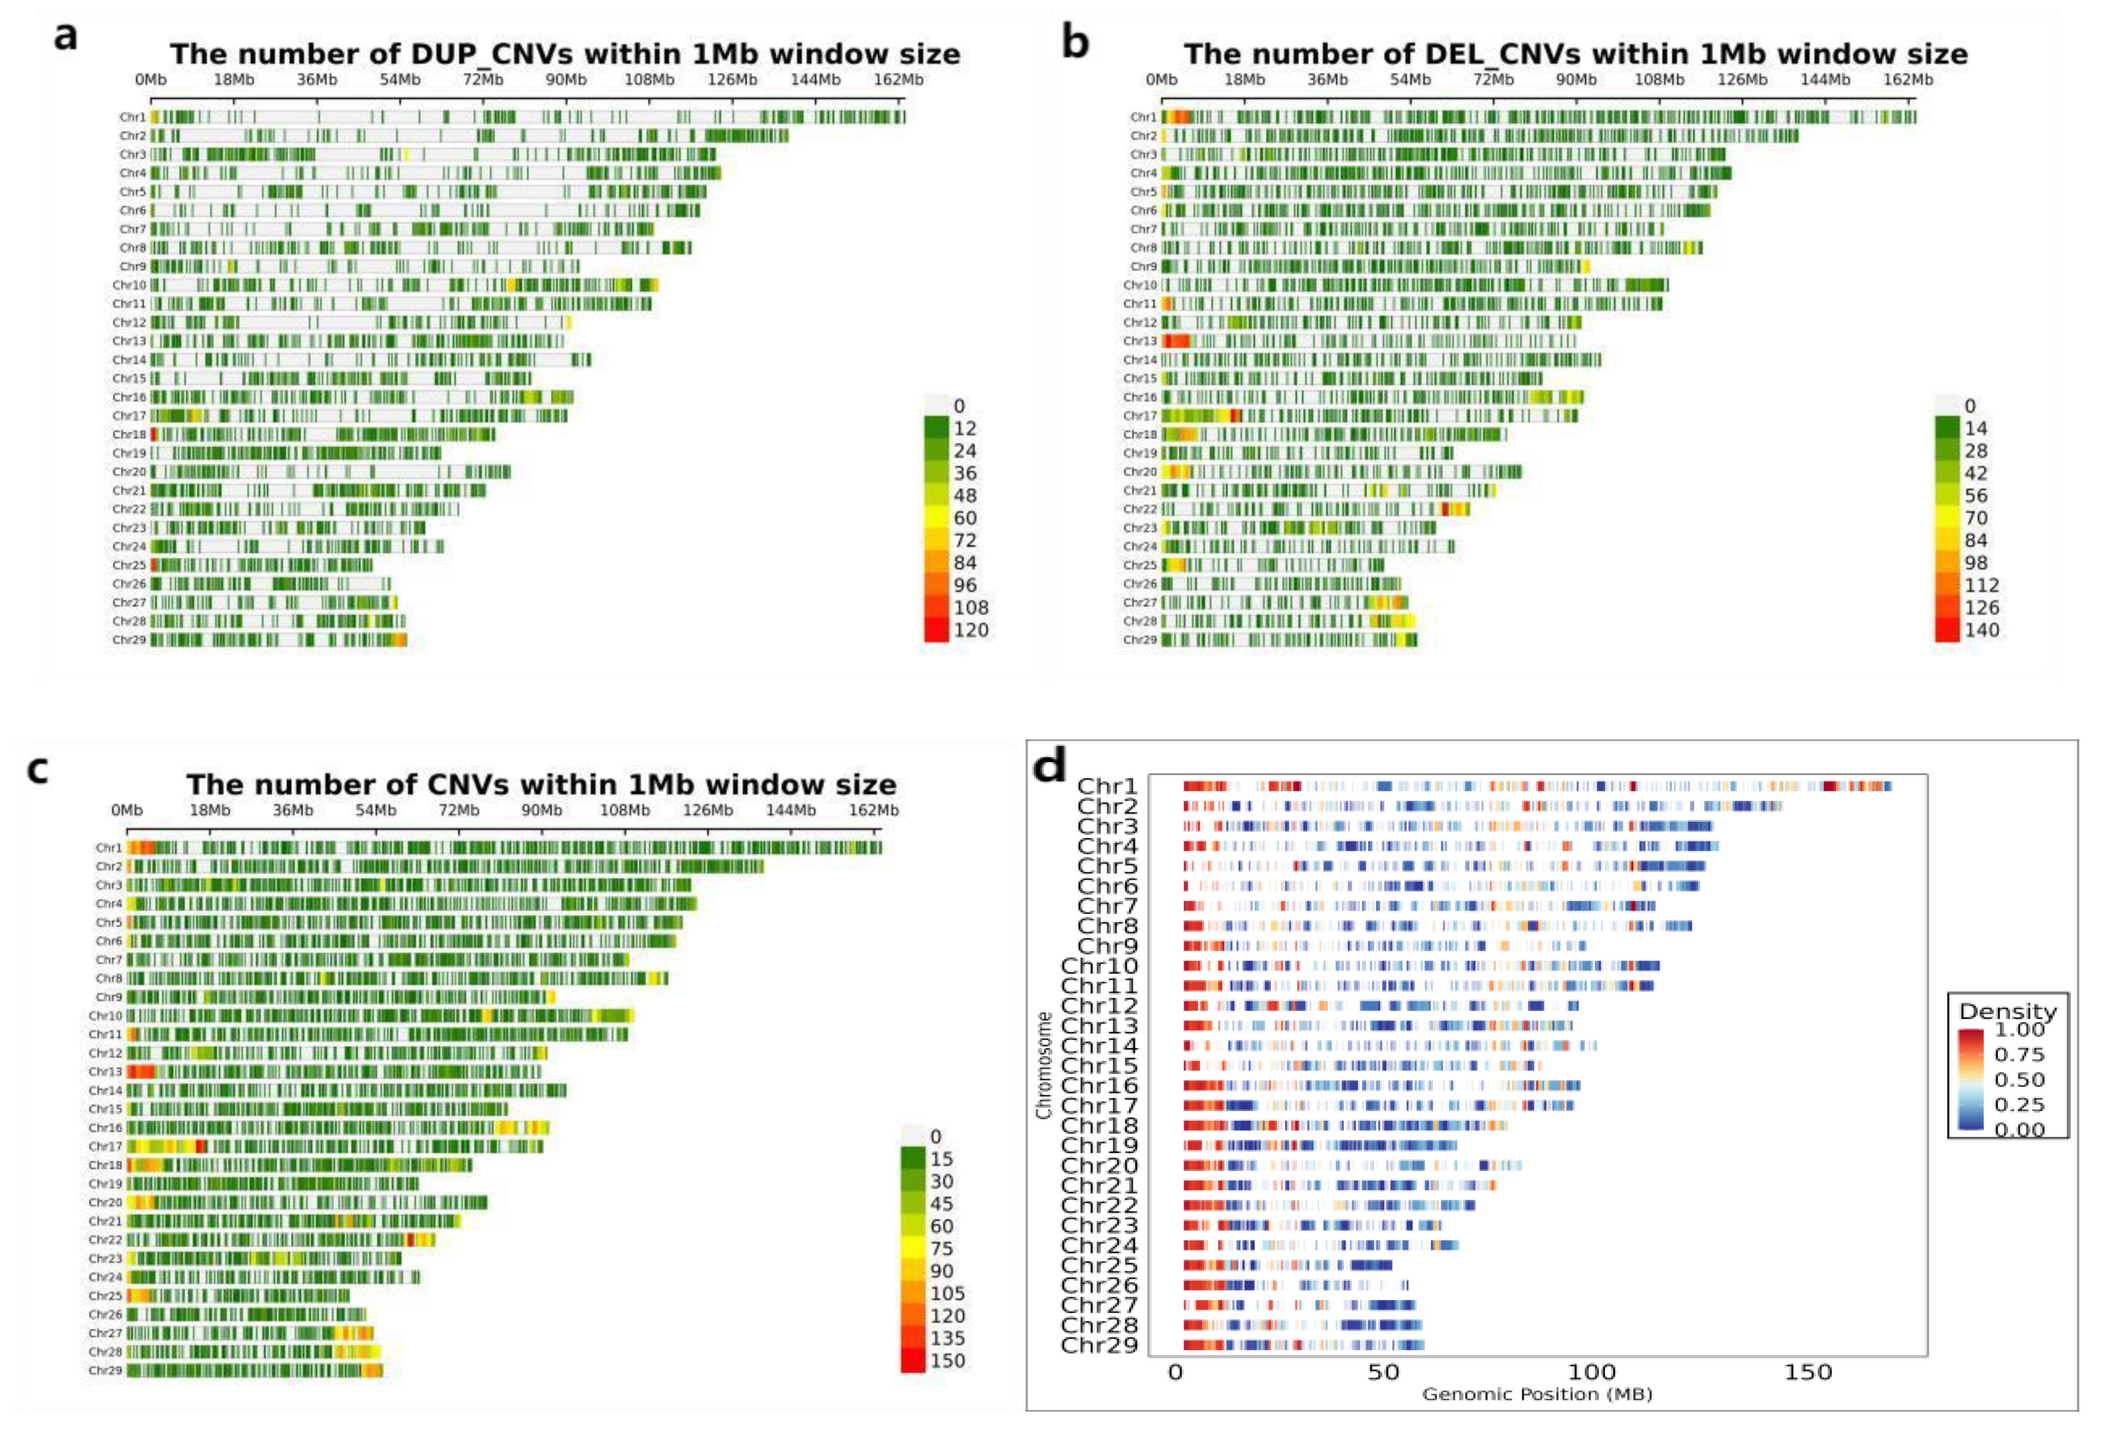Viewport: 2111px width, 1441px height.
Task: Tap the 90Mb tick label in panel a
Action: click(565, 80)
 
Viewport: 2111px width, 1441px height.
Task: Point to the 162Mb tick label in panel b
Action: click(1908, 80)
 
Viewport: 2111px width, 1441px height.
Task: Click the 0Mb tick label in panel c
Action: click(126, 810)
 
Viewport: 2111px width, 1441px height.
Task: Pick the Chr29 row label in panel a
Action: click(129, 640)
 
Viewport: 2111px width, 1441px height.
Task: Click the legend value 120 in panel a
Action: click(970, 630)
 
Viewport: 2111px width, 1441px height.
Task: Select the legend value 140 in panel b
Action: click(1981, 630)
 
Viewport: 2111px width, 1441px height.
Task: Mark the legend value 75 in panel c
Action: click(941, 1249)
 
